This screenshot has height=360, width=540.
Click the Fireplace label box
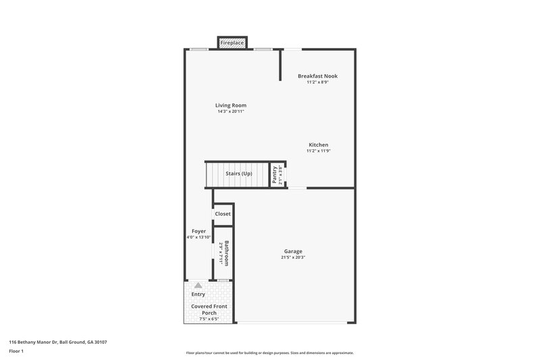pyautogui.click(x=232, y=43)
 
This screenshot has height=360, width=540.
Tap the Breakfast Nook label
pyautogui.click(x=317, y=76)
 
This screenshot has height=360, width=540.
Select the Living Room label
pyautogui.click(x=230, y=105)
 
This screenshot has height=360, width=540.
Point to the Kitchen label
pyautogui.click(x=318, y=145)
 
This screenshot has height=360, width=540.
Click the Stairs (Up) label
pyautogui.click(x=238, y=174)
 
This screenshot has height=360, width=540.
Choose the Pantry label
pyautogui.click(x=275, y=174)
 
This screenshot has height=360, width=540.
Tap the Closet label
pyautogui.click(x=223, y=214)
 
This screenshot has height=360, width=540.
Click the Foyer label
pyautogui.click(x=198, y=231)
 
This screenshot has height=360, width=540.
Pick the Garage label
pyautogui.click(x=293, y=251)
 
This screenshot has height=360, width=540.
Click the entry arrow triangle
pyautogui.click(x=198, y=286)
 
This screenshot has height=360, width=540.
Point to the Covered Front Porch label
pyautogui.click(x=209, y=309)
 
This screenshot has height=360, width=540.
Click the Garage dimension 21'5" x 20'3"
pyautogui.click(x=293, y=257)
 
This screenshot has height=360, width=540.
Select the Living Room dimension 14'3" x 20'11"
pyautogui.click(x=230, y=111)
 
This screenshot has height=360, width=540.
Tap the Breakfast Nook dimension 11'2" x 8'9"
pyautogui.click(x=317, y=82)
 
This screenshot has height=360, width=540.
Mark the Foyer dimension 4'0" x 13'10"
pyautogui.click(x=199, y=237)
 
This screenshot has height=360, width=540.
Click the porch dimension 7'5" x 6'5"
pyautogui.click(x=209, y=319)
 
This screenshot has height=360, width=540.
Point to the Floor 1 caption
pyautogui.click(x=17, y=352)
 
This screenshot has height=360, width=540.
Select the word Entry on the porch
pyautogui.click(x=198, y=294)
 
